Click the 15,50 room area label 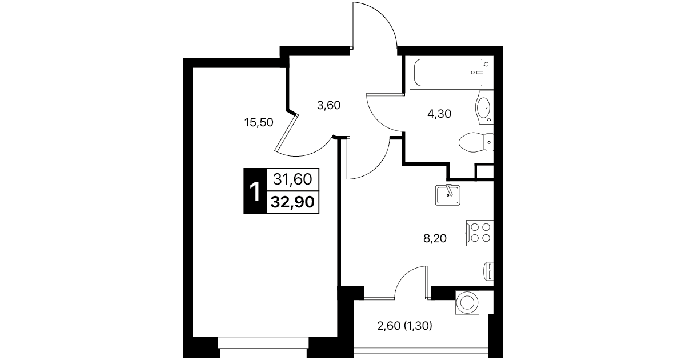click(x=259, y=122)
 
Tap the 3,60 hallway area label click(x=328, y=105)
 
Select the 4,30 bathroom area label click(x=439, y=114)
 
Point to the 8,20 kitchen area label click(x=435, y=238)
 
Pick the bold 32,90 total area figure click(x=293, y=202)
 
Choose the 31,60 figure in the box click(x=293, y=179)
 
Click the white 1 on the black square click(x=255, y=191)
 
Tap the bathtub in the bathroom click(x=451, y=73)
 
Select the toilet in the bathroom click(x=476, y=142)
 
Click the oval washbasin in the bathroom click(x=484, y=108)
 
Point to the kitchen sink click(x=447, y=195)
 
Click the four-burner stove click(x=480, y=233)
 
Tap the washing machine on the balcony click(x=467, y=302)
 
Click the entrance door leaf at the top click(x=352, y=25)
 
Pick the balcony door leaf click(x=427, y=282)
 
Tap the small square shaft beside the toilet click(x=484, y=172)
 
